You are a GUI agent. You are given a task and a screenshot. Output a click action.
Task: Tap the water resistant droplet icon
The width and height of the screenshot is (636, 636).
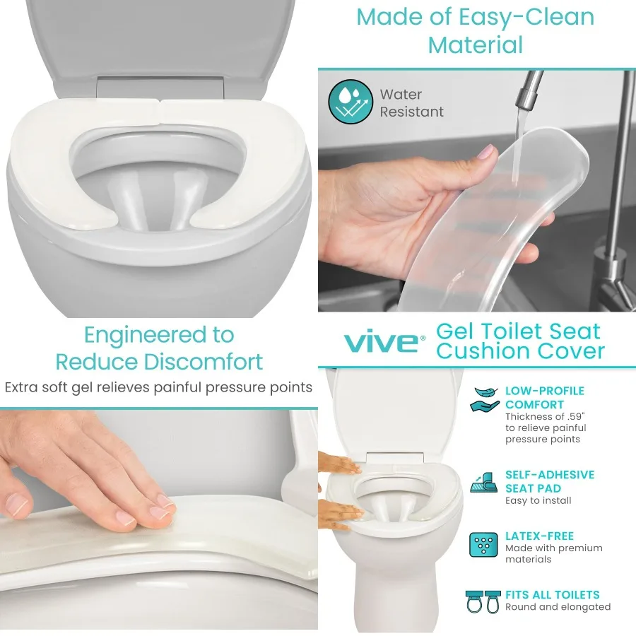(350, 102)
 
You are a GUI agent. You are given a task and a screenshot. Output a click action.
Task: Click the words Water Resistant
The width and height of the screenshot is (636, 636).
(411, 103)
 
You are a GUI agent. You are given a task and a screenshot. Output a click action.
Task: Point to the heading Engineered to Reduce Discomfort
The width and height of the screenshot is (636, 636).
(159, 348)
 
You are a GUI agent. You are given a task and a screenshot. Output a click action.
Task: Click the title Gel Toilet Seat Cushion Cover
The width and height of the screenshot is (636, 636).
(519, 341)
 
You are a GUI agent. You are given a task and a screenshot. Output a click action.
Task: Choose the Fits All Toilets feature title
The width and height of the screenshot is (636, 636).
(552, 595)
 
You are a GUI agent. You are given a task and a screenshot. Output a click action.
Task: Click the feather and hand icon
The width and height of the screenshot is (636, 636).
(484, 399)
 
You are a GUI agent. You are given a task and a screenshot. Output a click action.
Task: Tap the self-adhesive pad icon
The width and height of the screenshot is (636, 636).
(484, 483)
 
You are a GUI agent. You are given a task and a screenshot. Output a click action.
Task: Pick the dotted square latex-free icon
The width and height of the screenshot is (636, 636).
(484, 544)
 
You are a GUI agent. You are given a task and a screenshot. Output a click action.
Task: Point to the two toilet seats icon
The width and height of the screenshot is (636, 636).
(483, 601)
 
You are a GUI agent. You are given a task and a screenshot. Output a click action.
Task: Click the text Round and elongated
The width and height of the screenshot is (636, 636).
(558, 607)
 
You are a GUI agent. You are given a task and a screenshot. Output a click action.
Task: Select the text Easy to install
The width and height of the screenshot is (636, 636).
(538, 501)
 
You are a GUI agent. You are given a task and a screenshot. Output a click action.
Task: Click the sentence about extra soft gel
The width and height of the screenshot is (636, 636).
(158, 387)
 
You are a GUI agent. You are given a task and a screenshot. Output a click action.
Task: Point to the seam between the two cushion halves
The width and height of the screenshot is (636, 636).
(160, 105)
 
